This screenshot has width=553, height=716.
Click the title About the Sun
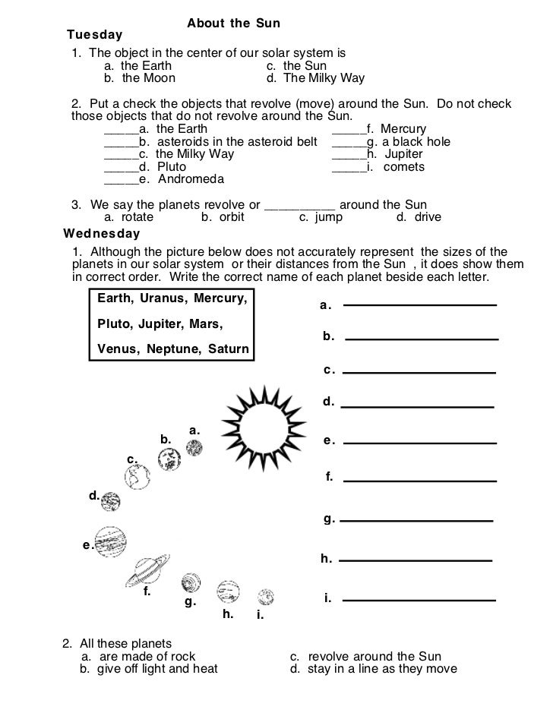tap(233, 24)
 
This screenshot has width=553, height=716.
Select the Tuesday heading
tap(94, 36)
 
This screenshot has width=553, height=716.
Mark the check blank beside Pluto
tap(119, 168)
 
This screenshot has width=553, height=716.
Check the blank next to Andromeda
tap(119, 181)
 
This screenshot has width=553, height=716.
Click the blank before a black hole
tap(349, 143)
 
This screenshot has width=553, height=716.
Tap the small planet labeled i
tap(265, 596)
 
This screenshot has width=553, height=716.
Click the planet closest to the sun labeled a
tap(194, 448)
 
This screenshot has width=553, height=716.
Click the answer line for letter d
tap(417, 407)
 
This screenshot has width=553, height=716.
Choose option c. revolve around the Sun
tap(365, 657)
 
